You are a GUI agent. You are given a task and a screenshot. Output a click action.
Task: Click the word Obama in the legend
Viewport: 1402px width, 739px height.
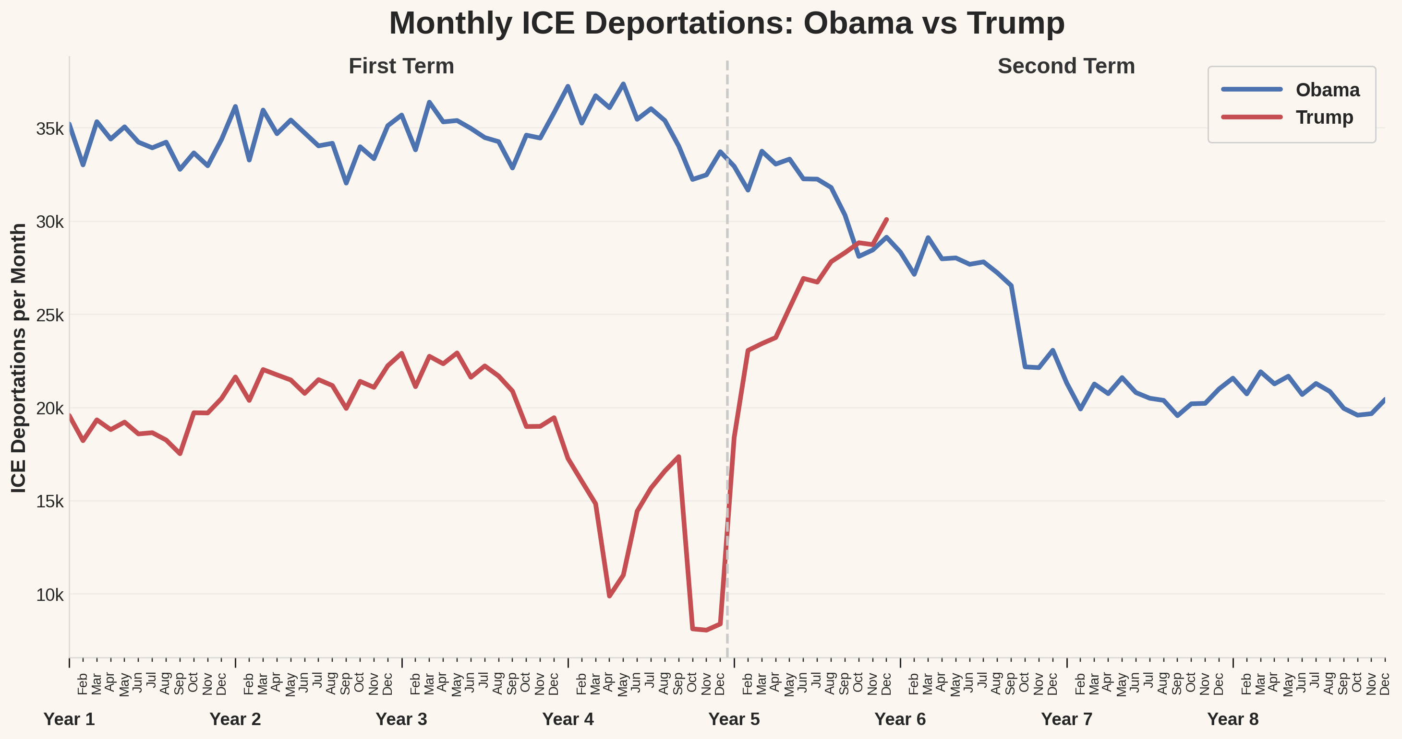1327,90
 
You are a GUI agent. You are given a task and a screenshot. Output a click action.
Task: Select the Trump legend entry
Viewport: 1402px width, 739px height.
1324,117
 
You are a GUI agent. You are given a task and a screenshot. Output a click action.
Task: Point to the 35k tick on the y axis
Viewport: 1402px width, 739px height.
50,129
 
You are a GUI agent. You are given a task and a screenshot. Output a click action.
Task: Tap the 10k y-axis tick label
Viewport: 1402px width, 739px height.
50,595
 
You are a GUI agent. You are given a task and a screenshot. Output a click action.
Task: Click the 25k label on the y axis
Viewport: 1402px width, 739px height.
50,316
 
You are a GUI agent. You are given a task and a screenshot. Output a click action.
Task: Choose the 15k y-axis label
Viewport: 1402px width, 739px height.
50,501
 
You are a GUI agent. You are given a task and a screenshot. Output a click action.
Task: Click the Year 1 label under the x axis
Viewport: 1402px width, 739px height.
69,719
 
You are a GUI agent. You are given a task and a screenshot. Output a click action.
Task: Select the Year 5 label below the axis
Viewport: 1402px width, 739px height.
734,719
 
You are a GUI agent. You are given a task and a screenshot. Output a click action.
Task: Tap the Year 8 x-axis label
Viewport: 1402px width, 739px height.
1233,719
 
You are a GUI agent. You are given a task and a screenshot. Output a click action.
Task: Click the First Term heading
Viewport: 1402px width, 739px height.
401,66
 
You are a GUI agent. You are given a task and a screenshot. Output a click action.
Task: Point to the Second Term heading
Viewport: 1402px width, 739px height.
1065,66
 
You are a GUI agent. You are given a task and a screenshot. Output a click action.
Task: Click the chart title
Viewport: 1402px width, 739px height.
726,23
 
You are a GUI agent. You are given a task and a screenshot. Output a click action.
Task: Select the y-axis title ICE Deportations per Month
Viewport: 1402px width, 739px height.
19,358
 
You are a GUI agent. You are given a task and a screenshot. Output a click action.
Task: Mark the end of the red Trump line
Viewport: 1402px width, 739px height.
887,220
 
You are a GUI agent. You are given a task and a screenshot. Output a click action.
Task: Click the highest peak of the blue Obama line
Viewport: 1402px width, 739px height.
623,84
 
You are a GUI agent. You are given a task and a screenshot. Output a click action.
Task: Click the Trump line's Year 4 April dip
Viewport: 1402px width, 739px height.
610,596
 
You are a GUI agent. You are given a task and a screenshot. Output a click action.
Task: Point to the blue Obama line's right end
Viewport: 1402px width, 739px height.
1385,399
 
